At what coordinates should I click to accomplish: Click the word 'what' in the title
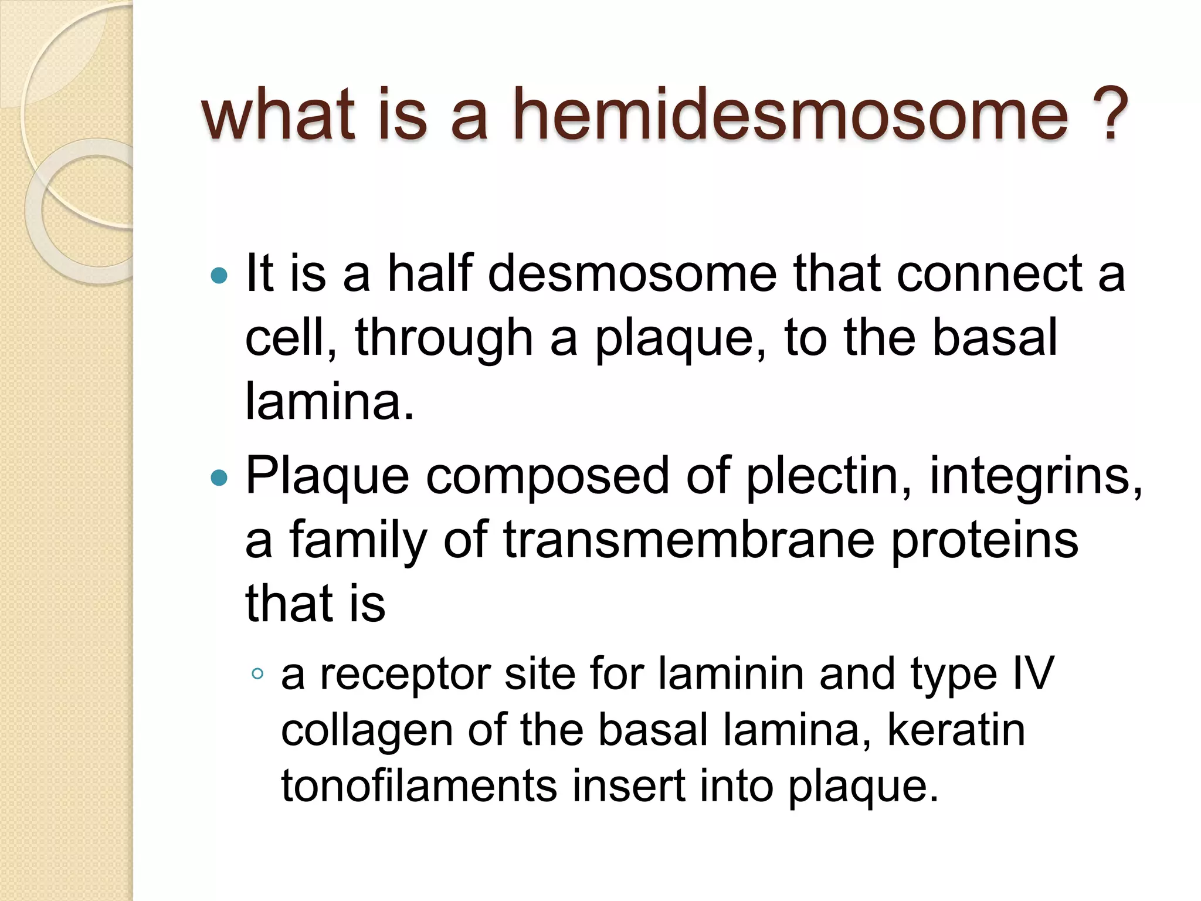(x=278, y=114)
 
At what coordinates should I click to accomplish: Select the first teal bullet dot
(x=219, y=275)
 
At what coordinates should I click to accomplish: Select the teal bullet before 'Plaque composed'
(x=219, y=477)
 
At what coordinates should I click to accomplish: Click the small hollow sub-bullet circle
(x=257, y=673)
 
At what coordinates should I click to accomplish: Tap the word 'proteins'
(x=985, y=541)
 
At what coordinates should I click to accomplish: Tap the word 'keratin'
(x=956, y=730)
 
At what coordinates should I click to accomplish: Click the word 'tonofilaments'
(x=419, y=786)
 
